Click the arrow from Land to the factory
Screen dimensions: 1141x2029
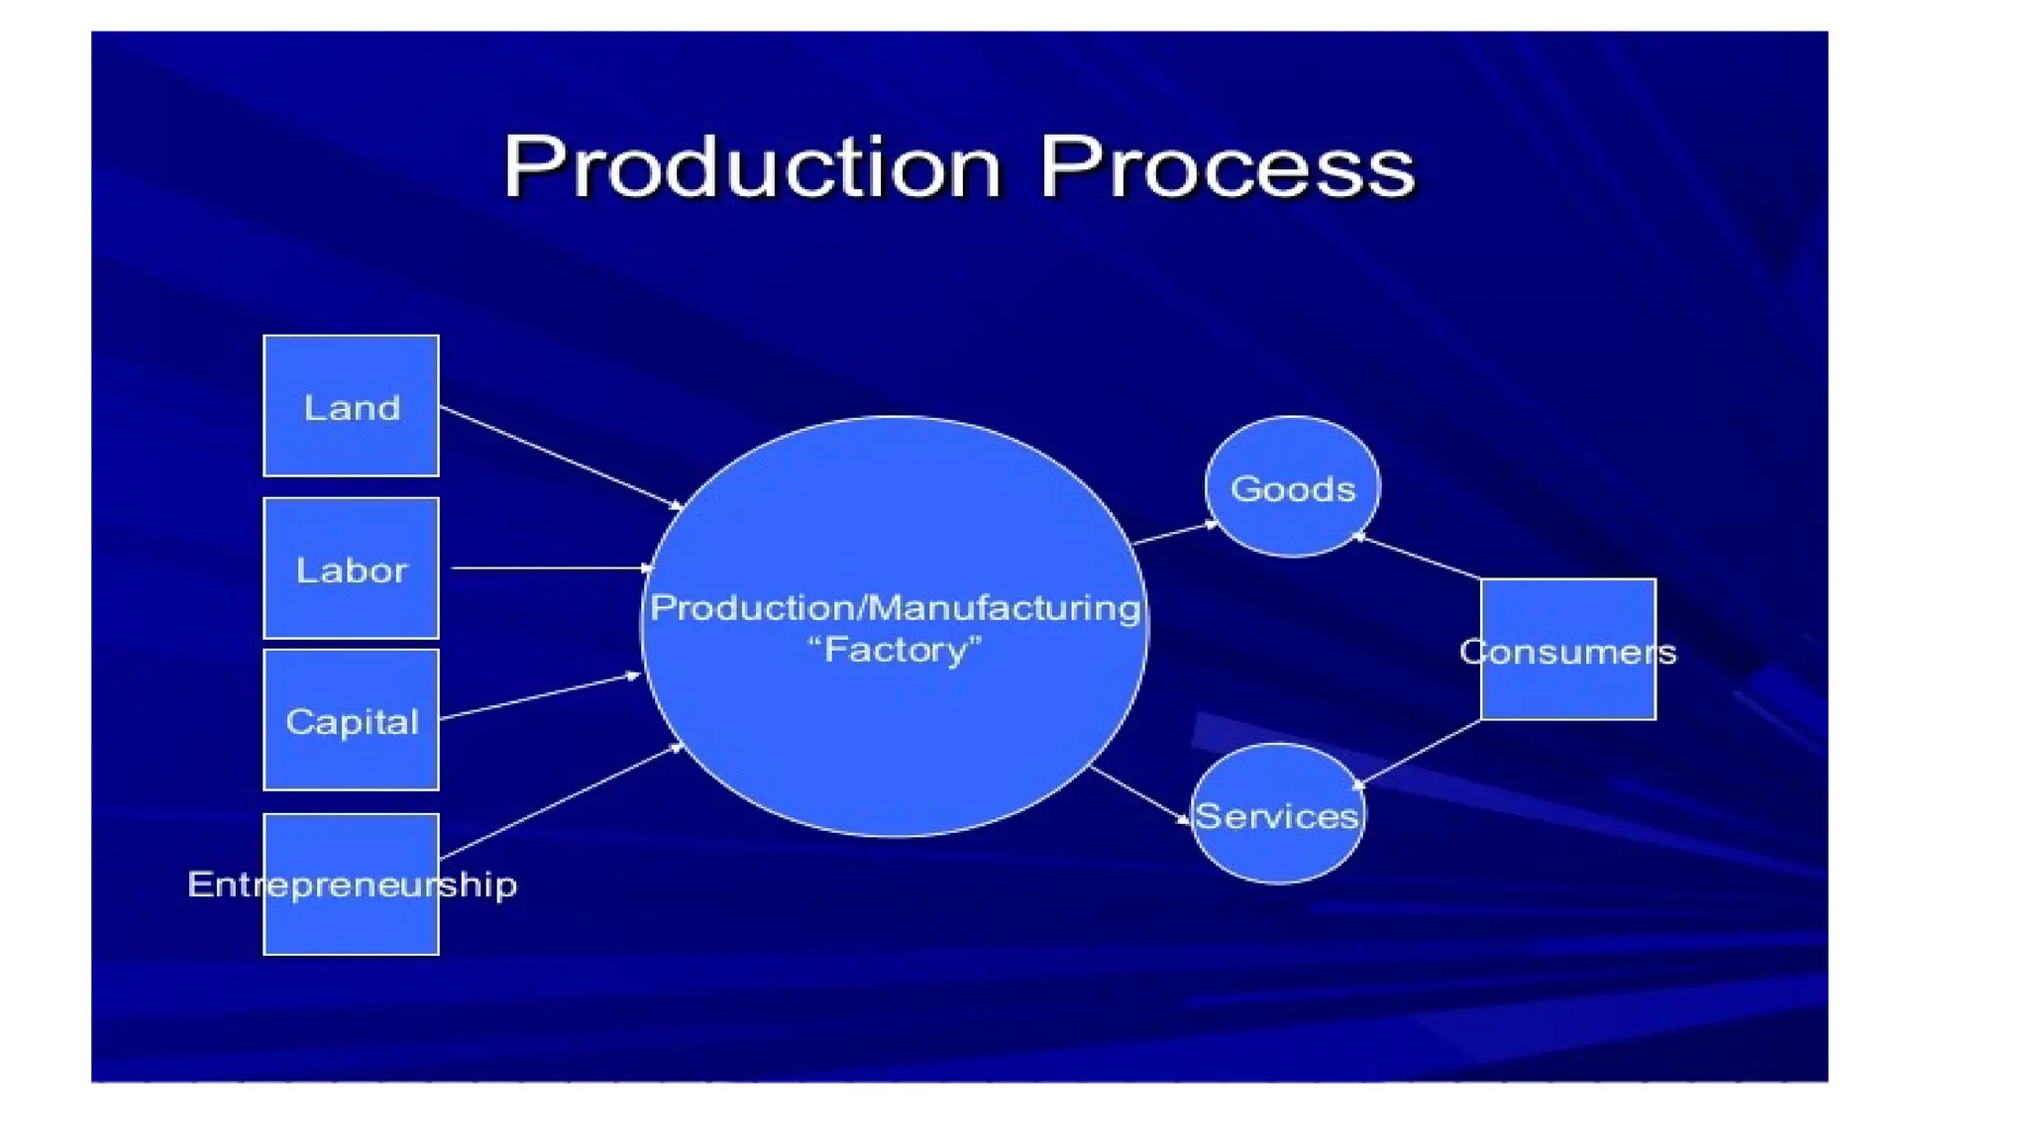click(x=561, y=457)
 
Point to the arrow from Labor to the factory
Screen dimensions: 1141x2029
click(x=550, y=569)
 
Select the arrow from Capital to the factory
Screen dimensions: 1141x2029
click(x=540, y=695)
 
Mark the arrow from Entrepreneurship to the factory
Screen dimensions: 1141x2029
click(x=561, y=801)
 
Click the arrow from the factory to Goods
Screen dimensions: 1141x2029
click(x=1175, y=533)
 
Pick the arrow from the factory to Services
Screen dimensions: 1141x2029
click(x=1139, y=794)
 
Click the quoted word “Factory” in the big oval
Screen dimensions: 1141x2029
click(x=895, y=651)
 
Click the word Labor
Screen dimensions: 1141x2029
click(x=351, y=570)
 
